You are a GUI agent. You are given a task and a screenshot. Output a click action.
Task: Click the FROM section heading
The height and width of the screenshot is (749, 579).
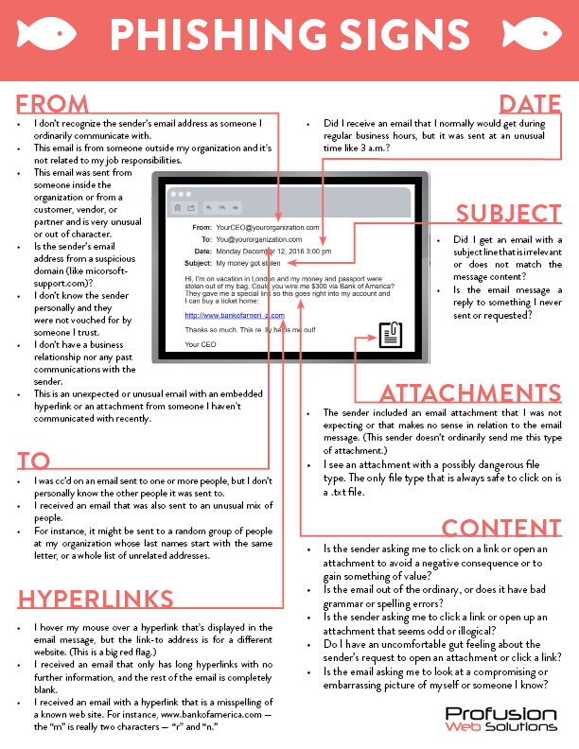(53, 103)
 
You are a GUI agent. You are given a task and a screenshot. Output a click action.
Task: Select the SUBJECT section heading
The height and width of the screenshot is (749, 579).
(508, 214)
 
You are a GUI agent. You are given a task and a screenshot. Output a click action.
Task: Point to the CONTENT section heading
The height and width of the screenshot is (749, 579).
(501, 528)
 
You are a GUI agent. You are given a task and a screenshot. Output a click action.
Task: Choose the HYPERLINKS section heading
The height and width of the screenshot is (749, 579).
(95, 598)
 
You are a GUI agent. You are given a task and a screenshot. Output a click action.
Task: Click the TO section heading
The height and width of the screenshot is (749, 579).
(33, 461)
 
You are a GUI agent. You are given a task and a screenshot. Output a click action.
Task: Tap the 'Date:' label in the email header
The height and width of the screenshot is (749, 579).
(202, 252)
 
